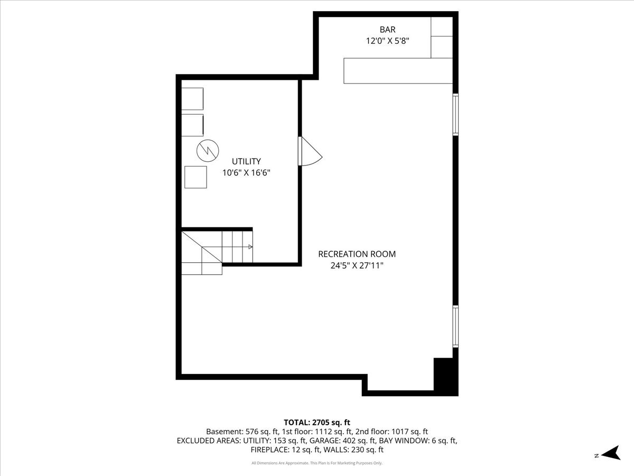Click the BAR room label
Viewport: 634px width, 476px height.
(x=387, y=30)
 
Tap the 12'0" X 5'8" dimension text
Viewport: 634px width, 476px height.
(x=388, y=41)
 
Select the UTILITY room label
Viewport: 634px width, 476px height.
(x=246, y=161)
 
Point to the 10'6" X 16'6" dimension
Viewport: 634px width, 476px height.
(x=246, y=173)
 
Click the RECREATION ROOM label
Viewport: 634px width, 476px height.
(x=357, y=254)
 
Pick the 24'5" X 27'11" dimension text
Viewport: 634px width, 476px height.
(x=357, y=266)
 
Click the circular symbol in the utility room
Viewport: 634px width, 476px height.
(x=208, y=151)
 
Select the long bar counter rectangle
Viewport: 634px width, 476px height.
(x=398, y=71)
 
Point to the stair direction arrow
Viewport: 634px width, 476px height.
(x=250, y=247)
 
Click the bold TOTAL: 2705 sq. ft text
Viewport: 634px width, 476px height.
(x=317, y=423)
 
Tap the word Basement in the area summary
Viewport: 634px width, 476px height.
(x=224, y=432)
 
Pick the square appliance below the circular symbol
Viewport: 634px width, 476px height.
(x=195, y=177)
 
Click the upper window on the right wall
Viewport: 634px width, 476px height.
(x=455, y=114)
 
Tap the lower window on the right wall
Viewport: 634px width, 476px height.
(x=455, y=326)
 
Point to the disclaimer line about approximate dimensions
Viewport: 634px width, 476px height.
(x=317, y=463)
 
